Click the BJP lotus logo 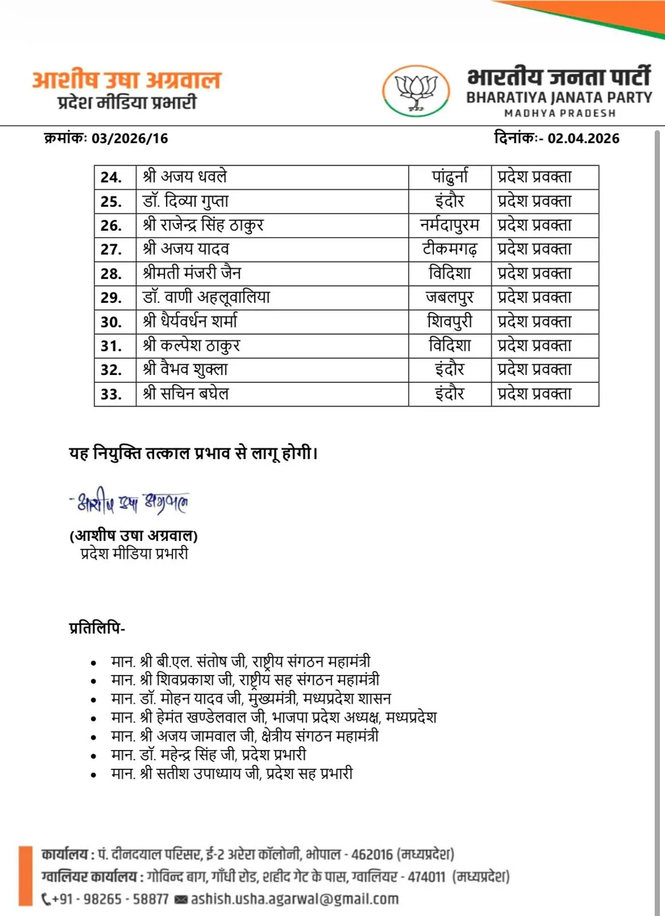416,91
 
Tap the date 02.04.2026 583,139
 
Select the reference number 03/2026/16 129,139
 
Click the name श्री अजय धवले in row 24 185,177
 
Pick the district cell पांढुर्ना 450,177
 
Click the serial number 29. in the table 111,298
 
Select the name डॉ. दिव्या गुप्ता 185,201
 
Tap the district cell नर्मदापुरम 450,225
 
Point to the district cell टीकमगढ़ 450,249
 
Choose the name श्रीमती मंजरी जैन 192,273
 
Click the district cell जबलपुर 450,297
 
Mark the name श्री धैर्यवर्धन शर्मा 190,321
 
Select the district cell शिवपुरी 450,321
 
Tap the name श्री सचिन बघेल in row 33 186,393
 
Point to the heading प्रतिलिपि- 97,628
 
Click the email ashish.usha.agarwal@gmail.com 294,899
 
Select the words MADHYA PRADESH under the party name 559,113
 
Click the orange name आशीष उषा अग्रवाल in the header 126,80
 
